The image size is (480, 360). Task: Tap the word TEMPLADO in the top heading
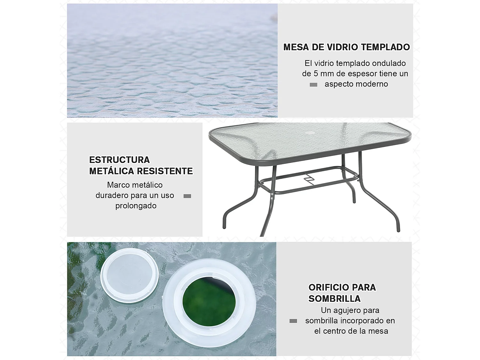click(x=385, y=47)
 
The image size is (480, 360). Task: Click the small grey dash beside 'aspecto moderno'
click(x=314, y=85)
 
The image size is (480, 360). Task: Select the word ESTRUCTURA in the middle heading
click(x=119, y=160)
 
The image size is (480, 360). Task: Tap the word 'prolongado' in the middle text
click(x=136, y=206)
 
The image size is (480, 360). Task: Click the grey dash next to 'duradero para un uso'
click(x=187, y=196)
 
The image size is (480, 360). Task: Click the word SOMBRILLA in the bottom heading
click(x=334, y=299)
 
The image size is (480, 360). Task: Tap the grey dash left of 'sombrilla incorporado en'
click(x=293, y=321)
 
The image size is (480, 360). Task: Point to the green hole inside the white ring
click(x=209, y=302)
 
